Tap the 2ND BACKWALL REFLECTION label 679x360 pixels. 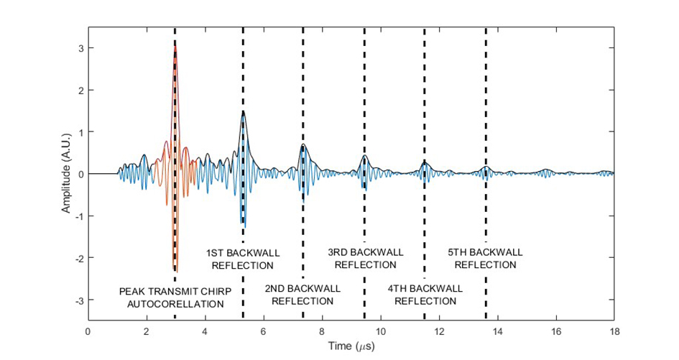302,295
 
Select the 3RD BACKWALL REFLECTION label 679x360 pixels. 365,259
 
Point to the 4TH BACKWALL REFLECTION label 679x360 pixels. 425,295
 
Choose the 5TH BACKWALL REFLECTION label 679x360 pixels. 486,259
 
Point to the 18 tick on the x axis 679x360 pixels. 614,331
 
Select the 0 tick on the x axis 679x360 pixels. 88,331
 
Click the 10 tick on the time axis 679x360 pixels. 380,331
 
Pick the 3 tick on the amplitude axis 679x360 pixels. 75,48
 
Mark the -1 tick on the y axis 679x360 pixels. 74,216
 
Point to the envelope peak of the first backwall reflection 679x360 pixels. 244,111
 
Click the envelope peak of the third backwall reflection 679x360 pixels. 365,156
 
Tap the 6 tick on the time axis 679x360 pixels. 264,331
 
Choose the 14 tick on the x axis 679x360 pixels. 497,331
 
